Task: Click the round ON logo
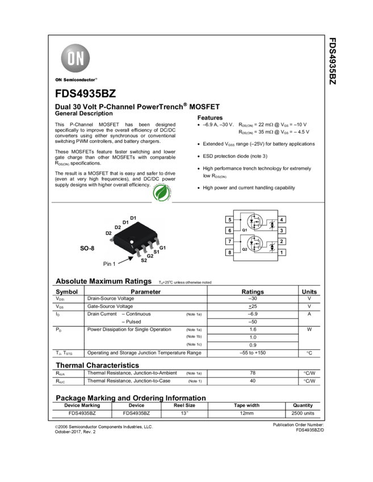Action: [x=76, y=58]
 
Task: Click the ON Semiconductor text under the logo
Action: [x=76, y=80]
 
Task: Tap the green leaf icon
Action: [x=162, y=193]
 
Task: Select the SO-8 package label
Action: [x=87, y=248]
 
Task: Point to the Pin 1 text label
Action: [x=111, y=264]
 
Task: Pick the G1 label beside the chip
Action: [x=162, y=248]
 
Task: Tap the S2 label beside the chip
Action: [x=144, y=260]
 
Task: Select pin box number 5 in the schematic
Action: [x=229, y=219]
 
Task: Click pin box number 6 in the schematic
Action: [x=229, y=230]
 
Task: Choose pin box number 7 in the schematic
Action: [x=229, y=242]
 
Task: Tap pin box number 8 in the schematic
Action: [x=229, y=252]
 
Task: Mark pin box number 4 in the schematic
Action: [x=282, y=219]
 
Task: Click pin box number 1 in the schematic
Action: [x=282, y=252]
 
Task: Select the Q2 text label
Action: [x=244, y=249]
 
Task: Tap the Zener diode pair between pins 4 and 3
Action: [x=273, y=225]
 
